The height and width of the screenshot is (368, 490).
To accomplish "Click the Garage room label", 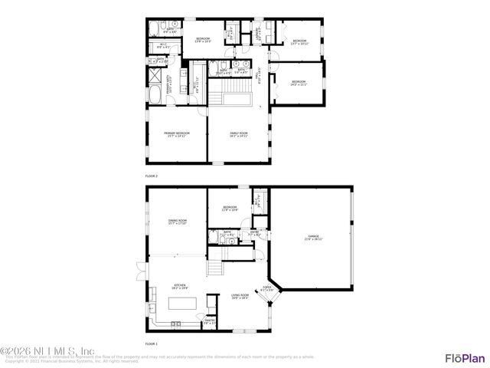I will pos(314,238).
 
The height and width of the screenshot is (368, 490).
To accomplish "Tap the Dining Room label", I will pos(178,222).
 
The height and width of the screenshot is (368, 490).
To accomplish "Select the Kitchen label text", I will pos(180,286).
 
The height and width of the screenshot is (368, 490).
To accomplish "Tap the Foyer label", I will pos(266,289).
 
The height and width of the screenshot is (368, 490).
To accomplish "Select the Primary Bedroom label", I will pos(177,134).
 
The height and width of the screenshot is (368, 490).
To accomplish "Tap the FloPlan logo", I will pos(465,357).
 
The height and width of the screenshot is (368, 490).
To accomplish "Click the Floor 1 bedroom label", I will pos(230,209).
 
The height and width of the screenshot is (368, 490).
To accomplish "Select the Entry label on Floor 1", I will pos(254,232).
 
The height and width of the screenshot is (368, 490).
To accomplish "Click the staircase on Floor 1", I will pos(215,268).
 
